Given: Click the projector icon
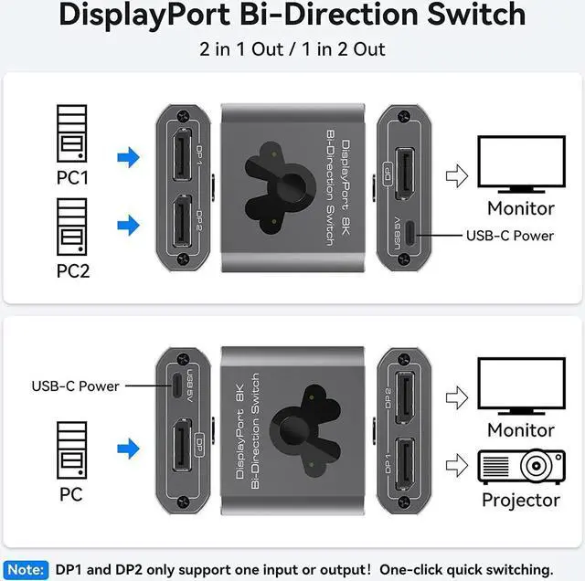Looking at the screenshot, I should (x=519, y=466).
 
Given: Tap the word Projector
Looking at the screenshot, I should (x=520, y=500).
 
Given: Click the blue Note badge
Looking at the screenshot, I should (x=25, y=569).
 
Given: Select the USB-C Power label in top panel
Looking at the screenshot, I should (x=509, y=235).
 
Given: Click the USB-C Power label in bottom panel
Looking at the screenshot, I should (x=75, y=386).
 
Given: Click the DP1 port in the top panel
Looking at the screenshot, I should (x=182, y=153).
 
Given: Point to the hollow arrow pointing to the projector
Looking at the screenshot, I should (x=453, y=466).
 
